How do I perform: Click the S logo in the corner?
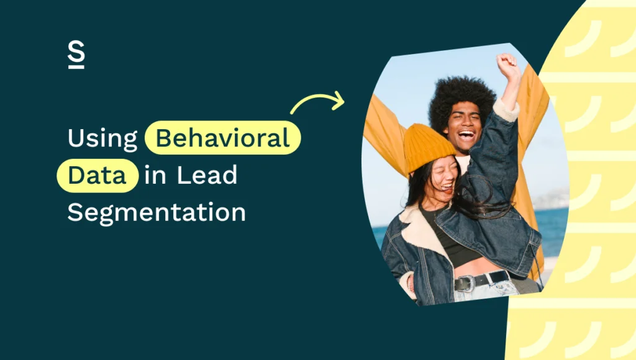(x=76, y=56)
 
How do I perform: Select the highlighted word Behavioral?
(x=222, y=138)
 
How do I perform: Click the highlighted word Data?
(x=96, y=175)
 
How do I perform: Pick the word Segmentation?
(x=157, y=212)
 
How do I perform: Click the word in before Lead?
(x=155, y=175)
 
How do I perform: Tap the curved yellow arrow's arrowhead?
(x=338, y=99)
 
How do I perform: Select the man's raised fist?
(x=507, y=64)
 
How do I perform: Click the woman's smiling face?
(x=445, y=177)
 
